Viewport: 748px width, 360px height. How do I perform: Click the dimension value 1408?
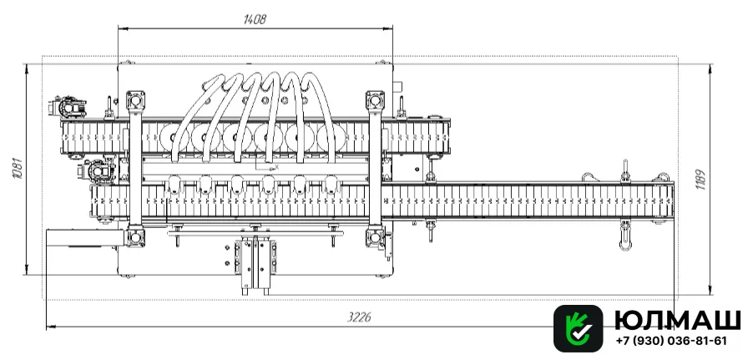255,19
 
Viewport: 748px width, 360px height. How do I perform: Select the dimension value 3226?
359,318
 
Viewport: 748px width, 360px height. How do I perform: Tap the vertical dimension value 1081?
18,169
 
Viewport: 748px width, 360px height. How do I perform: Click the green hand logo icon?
579,328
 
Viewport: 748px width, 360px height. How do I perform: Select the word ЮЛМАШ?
677,319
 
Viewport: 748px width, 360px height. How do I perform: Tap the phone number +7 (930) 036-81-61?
671,341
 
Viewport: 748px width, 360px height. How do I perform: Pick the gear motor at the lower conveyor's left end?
98,171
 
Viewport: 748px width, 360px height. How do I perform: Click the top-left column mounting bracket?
135,100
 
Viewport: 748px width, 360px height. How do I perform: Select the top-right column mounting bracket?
375,100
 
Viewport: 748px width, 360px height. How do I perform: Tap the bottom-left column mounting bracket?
135,237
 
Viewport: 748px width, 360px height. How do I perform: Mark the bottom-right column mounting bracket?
375,237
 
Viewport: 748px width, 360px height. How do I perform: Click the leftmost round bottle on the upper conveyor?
174,137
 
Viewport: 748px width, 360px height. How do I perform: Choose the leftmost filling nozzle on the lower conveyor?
174,185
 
